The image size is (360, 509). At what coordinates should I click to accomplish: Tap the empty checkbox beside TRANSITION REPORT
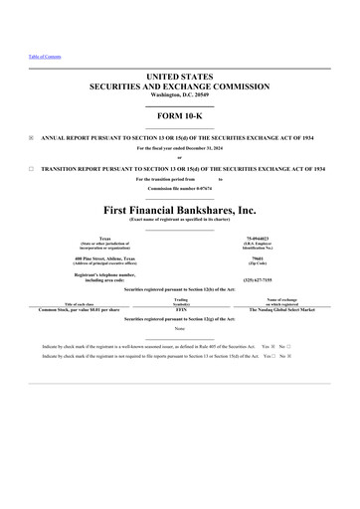click(x=32, y=169)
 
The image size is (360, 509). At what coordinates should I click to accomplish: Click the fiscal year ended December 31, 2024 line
click(x=180, y=147)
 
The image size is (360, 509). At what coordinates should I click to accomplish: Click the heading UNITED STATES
click(x=180, y=77)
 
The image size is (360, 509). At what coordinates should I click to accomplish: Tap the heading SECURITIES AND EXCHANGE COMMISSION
click(x=180, y=85)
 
